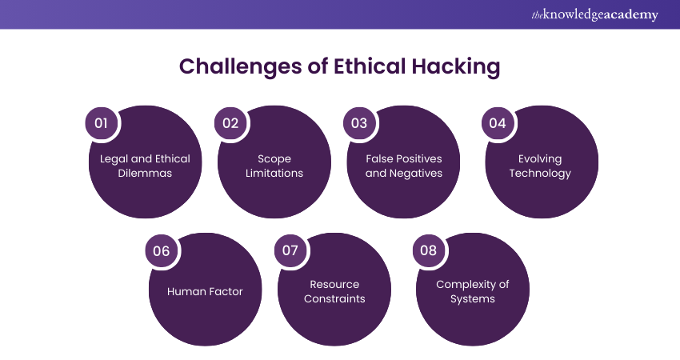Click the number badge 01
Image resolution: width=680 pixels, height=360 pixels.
pos(101,123)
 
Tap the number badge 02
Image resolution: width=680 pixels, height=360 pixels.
pos(230,123)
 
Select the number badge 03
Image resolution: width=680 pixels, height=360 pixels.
pos(359,123)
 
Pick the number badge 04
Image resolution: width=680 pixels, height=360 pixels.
pos(498,123)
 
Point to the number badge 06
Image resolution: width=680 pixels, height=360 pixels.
pos(162,250)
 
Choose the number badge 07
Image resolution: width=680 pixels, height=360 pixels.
pos(290,250)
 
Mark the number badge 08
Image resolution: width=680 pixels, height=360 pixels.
pos(429,250)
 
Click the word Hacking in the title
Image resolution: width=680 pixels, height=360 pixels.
pos(456,67)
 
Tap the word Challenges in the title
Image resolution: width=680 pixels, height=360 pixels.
pos(240,67)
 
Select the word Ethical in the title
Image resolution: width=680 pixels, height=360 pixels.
pos(370,66)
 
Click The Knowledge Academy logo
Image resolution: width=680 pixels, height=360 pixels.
pos(594,14)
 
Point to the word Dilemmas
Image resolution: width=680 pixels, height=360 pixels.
pos(145,173)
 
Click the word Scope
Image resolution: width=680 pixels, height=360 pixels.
pos(274,159)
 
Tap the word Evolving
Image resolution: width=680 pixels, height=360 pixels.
pos(540,159)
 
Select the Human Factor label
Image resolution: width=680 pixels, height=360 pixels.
pos(205,291)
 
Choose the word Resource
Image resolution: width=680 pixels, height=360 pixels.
pos(334,285)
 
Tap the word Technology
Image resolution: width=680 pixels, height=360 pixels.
pos(540,174)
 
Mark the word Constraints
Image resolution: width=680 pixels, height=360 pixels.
pos(334,299)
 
